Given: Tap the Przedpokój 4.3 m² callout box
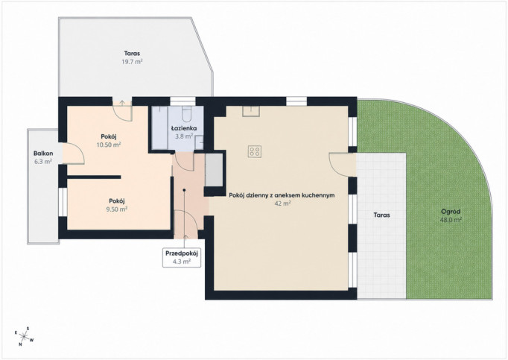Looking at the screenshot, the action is click(182, 257).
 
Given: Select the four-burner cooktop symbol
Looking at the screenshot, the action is click(255, 151).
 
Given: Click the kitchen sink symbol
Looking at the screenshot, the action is click(251, 111).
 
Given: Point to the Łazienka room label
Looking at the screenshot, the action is click(184, 128).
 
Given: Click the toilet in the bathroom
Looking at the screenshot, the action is click(187, 113).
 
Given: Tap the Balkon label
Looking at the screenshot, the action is click(43, 154).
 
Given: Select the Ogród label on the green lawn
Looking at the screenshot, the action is click(451, 212).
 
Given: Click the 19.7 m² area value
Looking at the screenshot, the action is click(132, 62).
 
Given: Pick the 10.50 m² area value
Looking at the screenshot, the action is click(109, 145).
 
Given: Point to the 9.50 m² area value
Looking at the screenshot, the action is click(117, 209).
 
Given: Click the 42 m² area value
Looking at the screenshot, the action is click(282, 203).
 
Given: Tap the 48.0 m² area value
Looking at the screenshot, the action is click(451, 220).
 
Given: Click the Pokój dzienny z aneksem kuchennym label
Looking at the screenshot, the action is click(282, 195).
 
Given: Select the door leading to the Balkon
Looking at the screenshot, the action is click(73, 153).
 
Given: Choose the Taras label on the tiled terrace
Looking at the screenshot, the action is click(381, 215).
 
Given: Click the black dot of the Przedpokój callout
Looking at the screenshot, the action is click(184, 190).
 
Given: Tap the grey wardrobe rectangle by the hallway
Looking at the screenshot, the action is click(214, 170).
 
